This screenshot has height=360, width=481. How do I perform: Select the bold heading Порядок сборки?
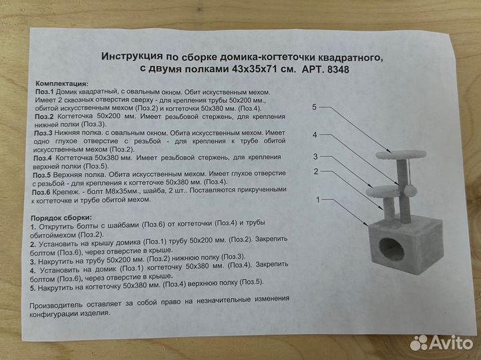point(66,219)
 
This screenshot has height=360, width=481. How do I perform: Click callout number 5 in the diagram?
point(313,107)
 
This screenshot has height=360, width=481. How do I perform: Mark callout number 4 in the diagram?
point(313,135)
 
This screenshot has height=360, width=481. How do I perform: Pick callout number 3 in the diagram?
point(313,156)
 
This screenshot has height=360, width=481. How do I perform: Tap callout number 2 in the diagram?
point(313,172)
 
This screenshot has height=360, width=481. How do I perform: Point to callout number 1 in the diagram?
point(318,200)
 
